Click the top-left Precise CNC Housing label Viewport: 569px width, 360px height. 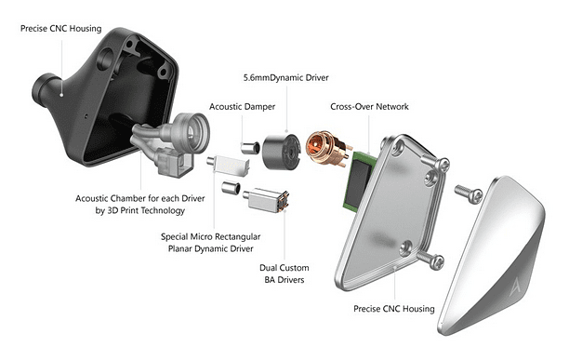pyautogui.click(x=61, y=28)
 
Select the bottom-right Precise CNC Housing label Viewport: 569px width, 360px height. pyautogui.click(x=394, y=309)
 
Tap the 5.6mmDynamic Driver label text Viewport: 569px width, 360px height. pyautogui.click(x=286, y=77)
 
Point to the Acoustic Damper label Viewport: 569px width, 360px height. pyautogui.click(x=242, y=107)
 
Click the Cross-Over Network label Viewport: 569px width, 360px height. pyautogui.click(x=369, y=107)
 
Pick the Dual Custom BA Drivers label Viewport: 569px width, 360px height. pyautogui.click(x=284, y=273)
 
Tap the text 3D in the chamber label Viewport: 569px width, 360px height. pyautogui.click(x=112, y=210)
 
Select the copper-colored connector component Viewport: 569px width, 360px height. pyautogui.click(x=327, y=149)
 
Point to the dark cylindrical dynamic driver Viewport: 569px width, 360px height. pyautogui.click(x=282, y=152)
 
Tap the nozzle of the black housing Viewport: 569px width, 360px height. pyautogui.click(x=45, y=88)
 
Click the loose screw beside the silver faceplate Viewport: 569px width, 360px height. pyautogui.click(x=469, y=193)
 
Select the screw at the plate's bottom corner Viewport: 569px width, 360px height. pyautogui.click(x=430, y=260)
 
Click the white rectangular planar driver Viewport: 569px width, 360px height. pyautogui.click(x=229, y=166)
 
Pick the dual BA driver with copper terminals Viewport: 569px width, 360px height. pyautogui.click(x=266, y=200)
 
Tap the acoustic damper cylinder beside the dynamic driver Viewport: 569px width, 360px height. pyautogui.click(x=250, y=147)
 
